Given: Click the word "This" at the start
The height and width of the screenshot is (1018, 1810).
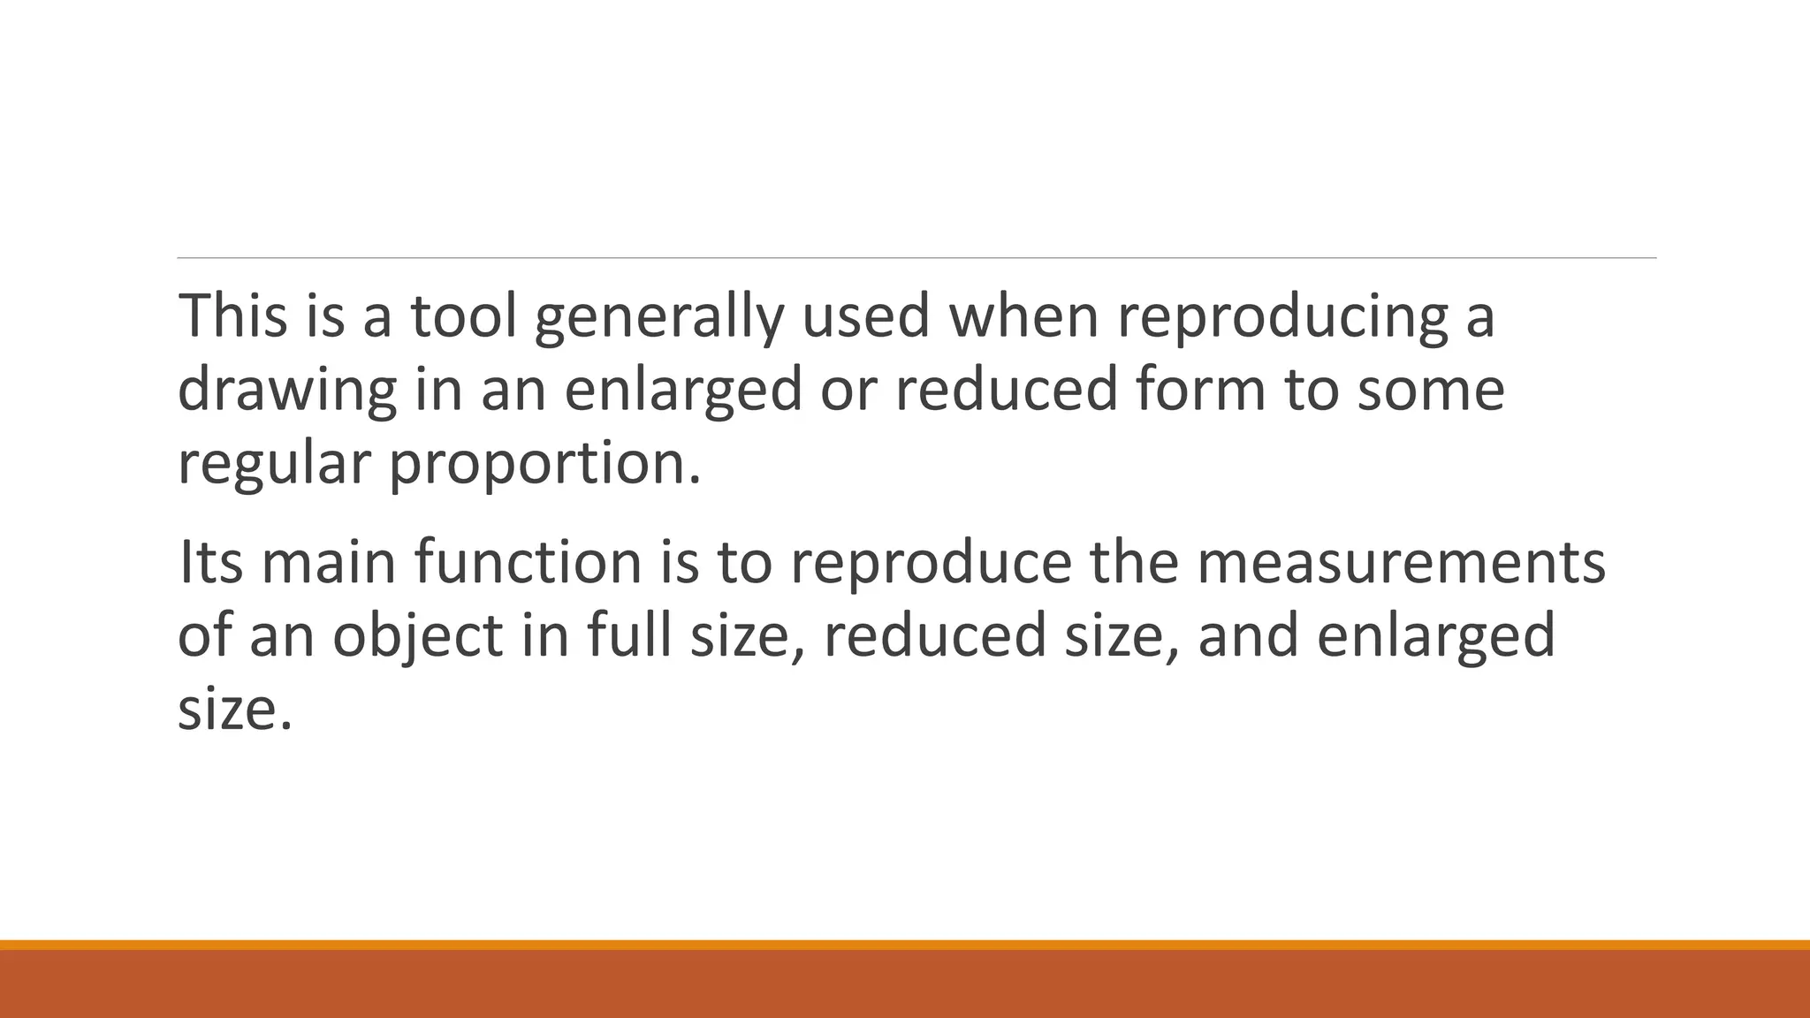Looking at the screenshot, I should point(232,315).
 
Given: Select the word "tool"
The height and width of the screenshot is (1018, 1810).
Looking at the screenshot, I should point(463,315).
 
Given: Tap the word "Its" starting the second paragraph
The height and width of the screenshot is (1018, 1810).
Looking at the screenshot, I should point(210,562).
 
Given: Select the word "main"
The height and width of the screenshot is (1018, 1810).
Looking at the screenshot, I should point(329,562).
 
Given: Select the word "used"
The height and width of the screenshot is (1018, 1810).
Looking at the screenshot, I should point(865,315).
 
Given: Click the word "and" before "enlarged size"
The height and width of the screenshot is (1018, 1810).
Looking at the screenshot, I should point(1247,635).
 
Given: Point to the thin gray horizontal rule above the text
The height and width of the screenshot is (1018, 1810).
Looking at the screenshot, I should point(916,258).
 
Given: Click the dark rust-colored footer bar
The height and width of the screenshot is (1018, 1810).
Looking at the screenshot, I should point(905,984).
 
